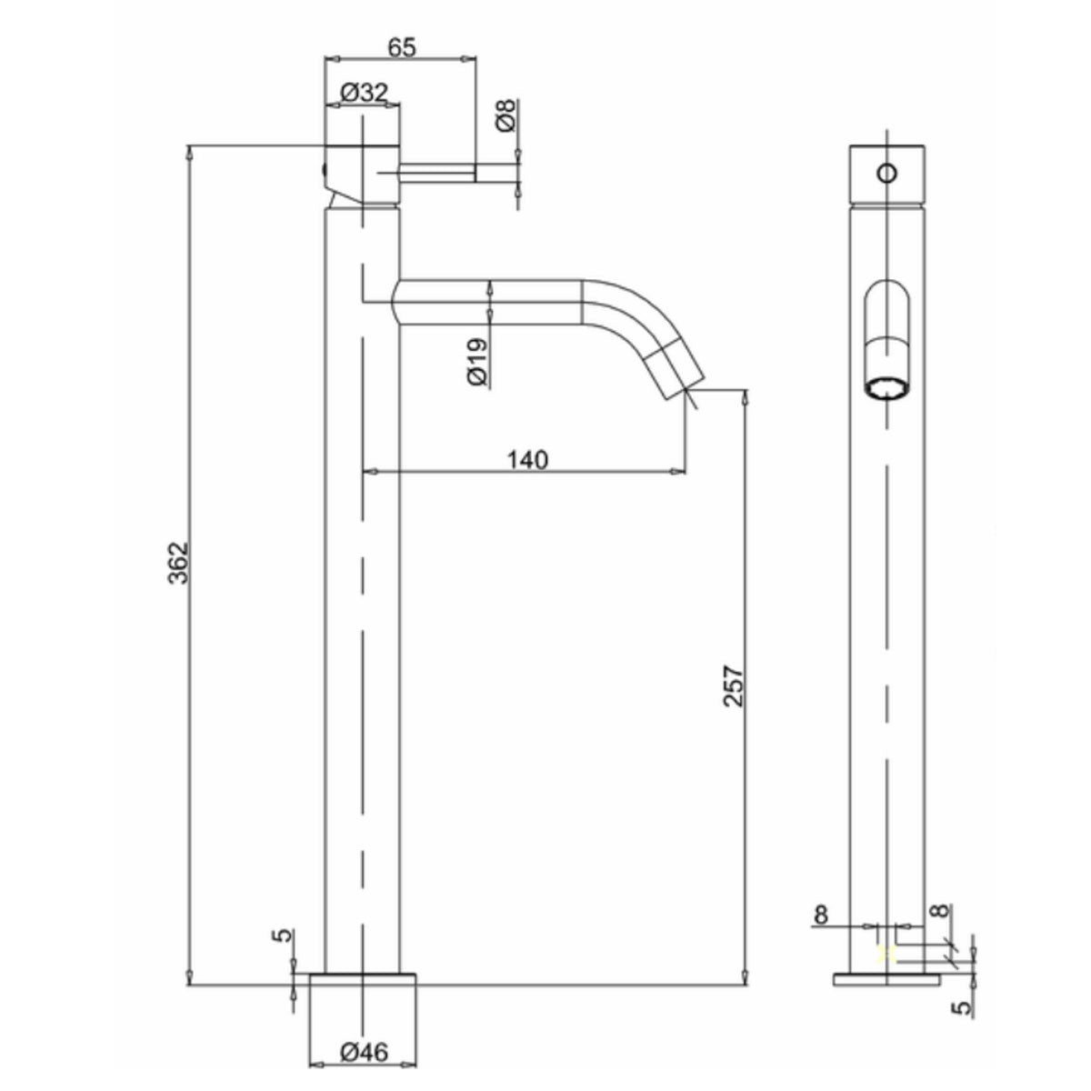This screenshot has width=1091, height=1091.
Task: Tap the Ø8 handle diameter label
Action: (x=505, y=116)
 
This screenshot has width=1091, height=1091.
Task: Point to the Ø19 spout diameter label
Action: (x=476, y=362)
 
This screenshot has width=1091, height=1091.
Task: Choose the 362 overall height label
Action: (x=178, y=564)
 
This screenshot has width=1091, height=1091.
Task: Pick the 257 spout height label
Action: (x=734, y=686)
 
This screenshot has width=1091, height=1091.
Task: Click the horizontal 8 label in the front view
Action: (x=821, y=911)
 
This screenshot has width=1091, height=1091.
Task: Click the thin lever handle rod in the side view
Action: (x=436, y=173)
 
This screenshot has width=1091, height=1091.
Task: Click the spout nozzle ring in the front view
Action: (x=887, y=388)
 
